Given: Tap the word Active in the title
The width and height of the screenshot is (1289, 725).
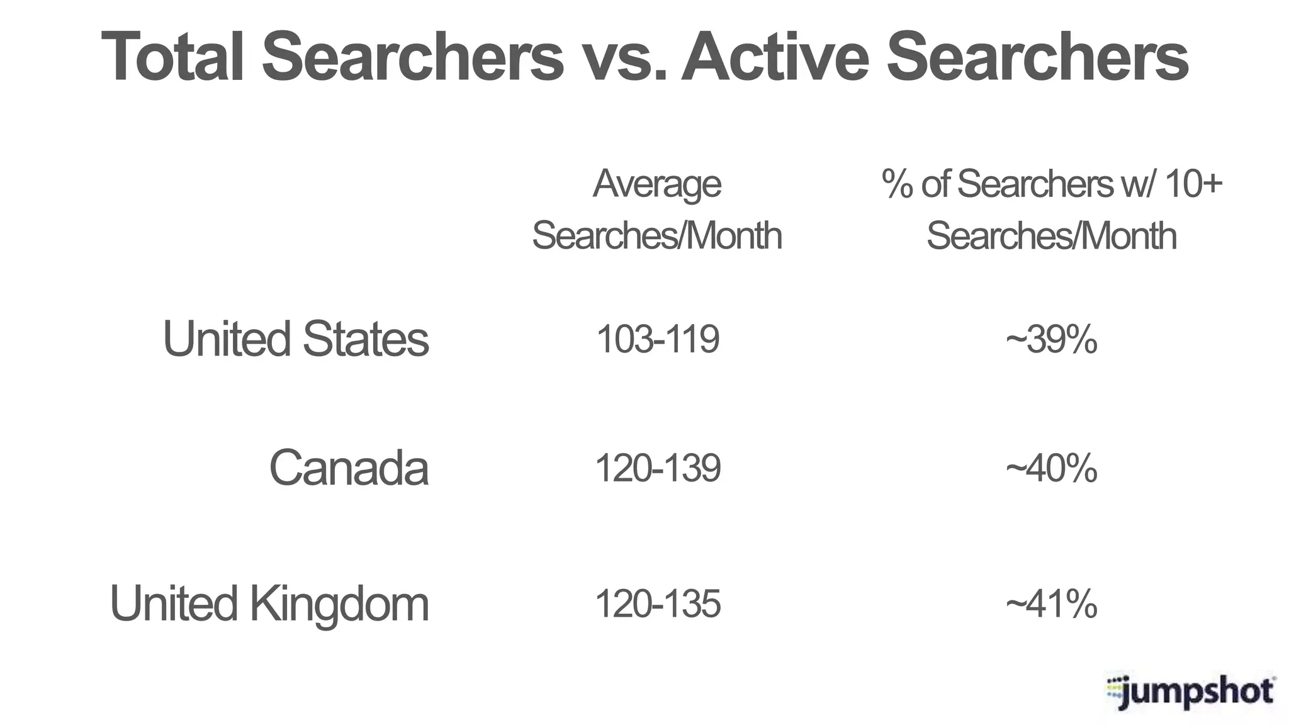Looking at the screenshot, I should pos(775,57).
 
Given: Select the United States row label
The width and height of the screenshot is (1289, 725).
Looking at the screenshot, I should pos(296,339).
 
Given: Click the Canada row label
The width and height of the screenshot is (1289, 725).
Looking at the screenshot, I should pos(349,468).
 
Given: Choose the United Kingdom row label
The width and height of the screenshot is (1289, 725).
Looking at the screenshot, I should pos(269,604).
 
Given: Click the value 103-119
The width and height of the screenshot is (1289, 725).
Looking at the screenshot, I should pos(657,339).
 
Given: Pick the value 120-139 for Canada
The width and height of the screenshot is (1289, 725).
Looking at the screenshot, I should pos(657,468).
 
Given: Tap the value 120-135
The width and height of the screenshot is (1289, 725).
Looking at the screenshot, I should pos(657,604).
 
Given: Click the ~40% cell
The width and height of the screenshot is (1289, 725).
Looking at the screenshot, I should pos(1051,468).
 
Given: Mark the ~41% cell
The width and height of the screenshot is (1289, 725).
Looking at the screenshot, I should pos(1051,604).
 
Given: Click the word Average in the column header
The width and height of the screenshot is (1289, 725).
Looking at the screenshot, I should pos(657,184).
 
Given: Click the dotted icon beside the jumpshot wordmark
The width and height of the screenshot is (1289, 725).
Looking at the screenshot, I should pos(1115,690).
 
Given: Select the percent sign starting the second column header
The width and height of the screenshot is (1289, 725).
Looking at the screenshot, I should pos(898,184).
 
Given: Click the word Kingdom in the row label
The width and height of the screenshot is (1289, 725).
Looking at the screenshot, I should pos(339,604).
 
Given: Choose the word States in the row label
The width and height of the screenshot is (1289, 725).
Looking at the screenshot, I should pos(366,339).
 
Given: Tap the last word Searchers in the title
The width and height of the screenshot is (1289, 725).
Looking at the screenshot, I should pos(1037,57).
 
